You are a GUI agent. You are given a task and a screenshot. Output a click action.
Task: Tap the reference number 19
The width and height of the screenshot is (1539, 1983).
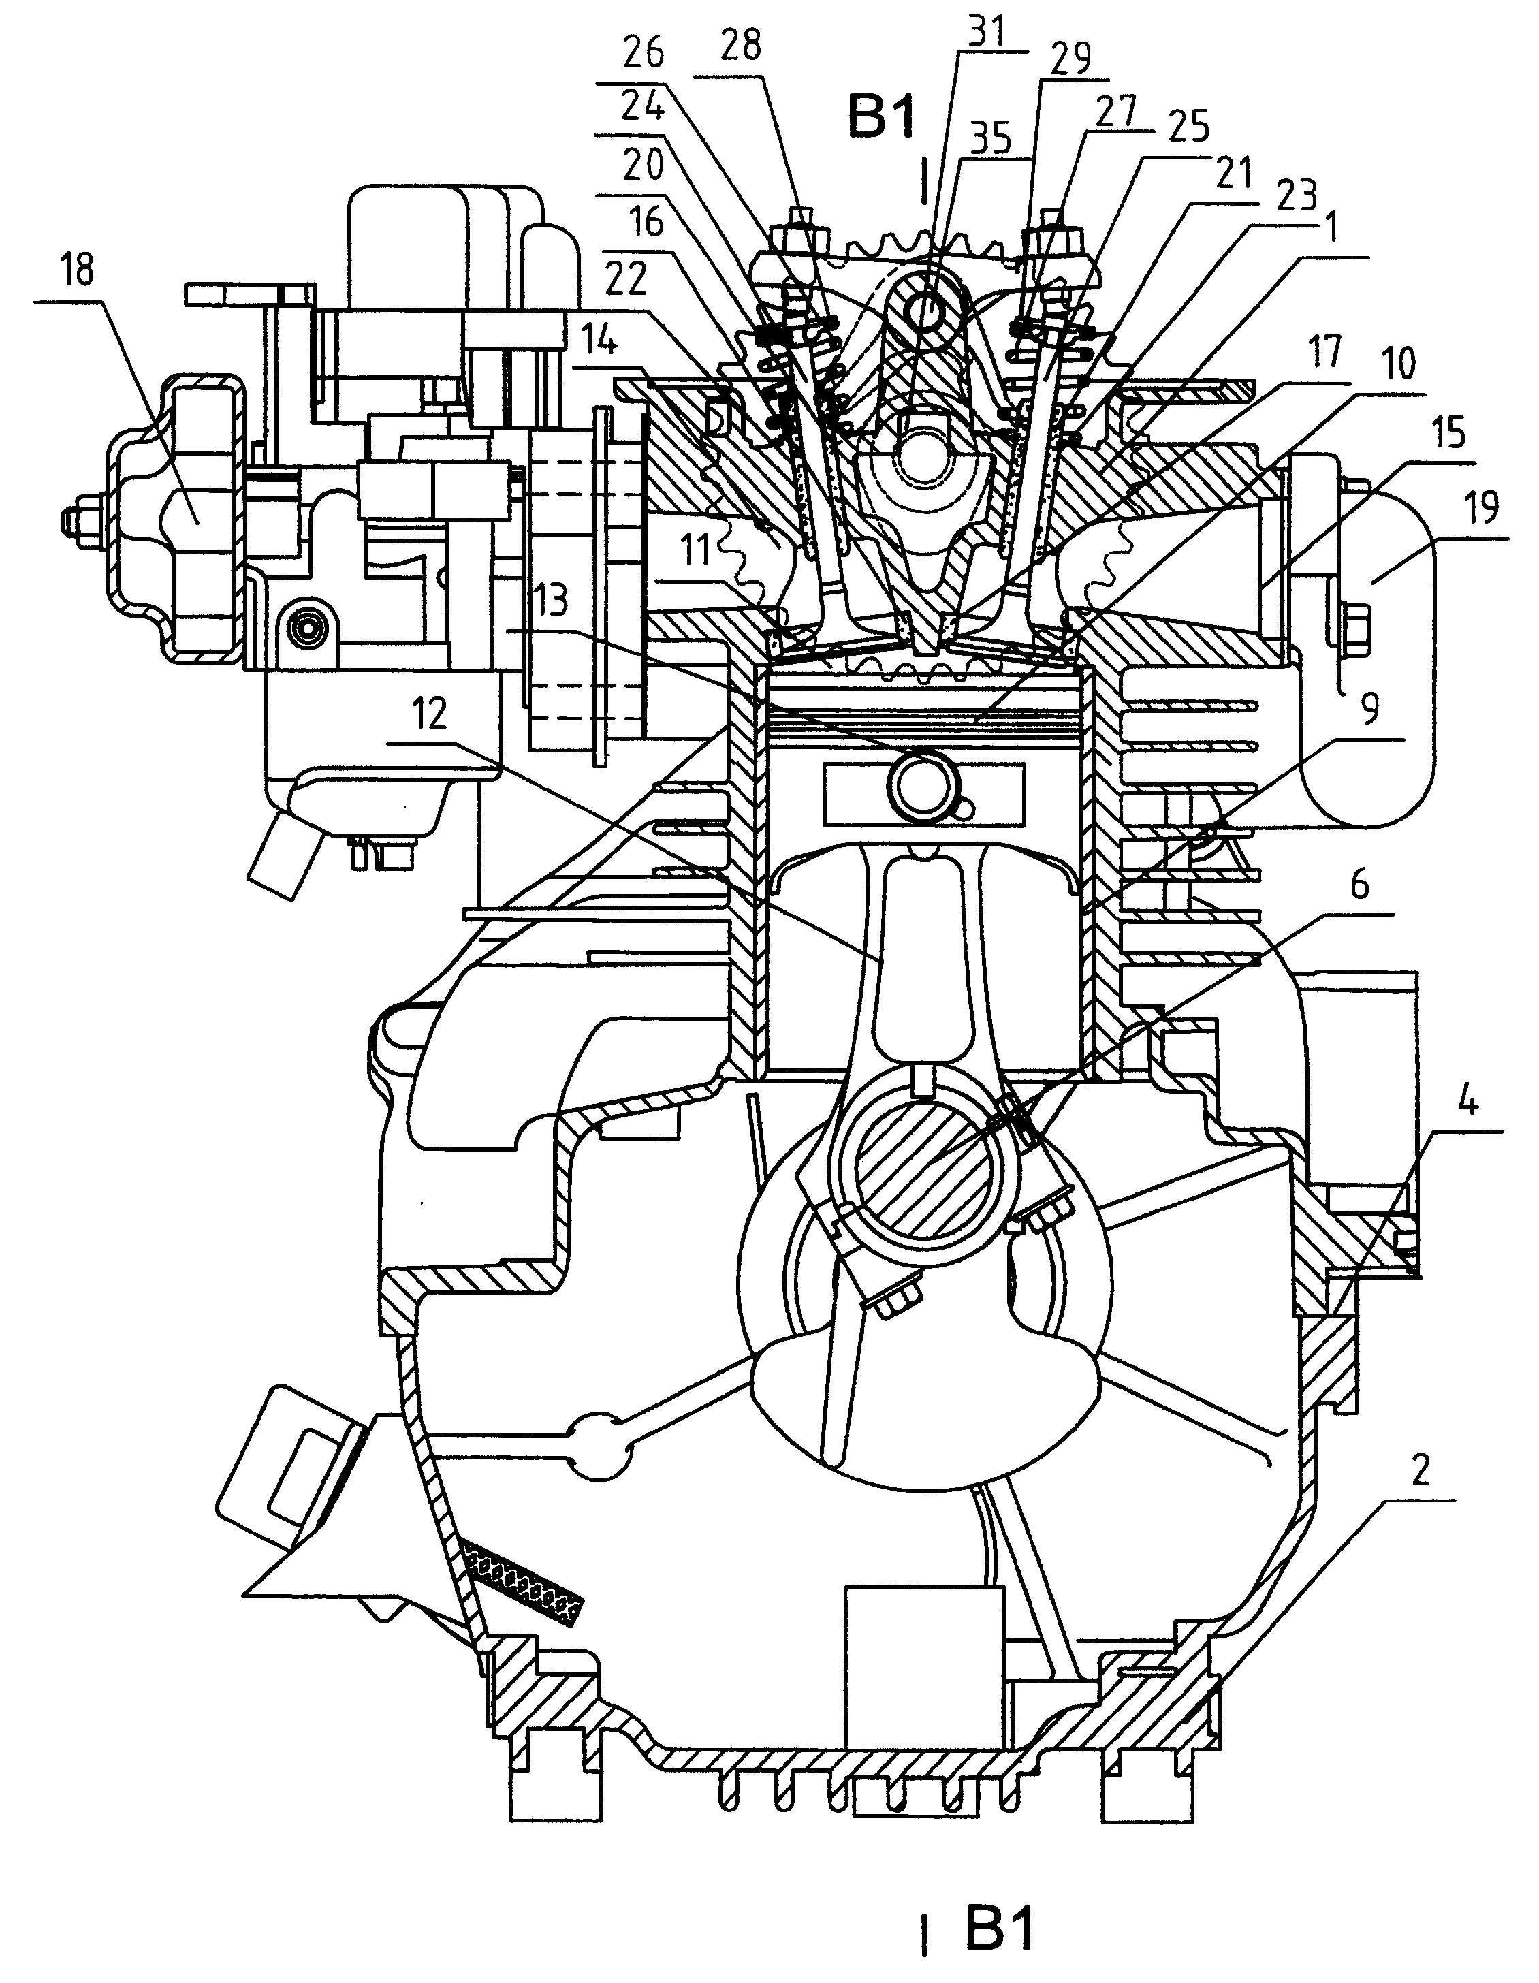click(x=1482, y=509)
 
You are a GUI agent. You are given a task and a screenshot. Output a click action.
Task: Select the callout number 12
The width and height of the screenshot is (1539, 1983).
click(x=430, y=714)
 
